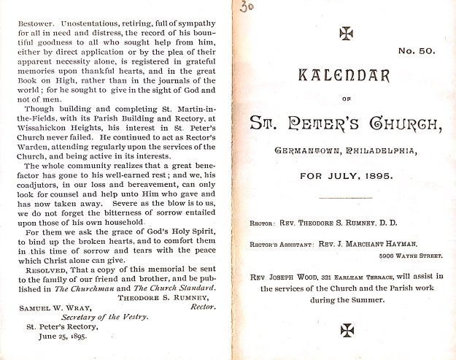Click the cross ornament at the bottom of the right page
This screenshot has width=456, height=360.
pos(346,330)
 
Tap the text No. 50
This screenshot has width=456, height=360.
pos(415,52)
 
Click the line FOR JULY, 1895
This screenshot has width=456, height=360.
pos(345,175)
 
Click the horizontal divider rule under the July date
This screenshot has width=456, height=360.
pos(345,198)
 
